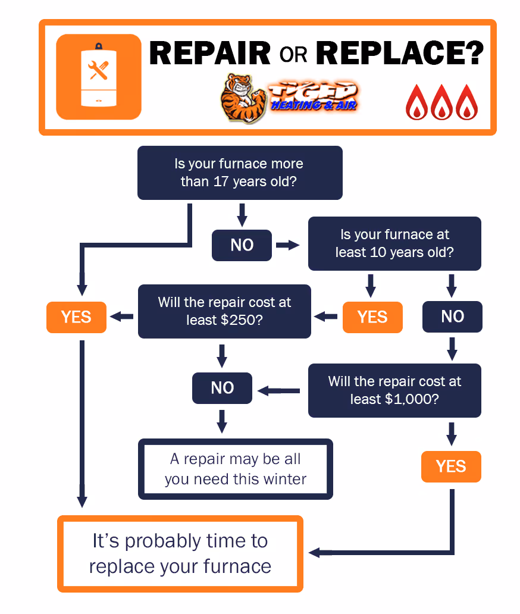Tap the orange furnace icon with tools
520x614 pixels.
(x=99, y=77)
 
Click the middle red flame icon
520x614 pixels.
(x=442, y=102)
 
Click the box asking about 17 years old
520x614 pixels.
(x=240, y=173)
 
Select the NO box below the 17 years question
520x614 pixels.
(x=242, y=245)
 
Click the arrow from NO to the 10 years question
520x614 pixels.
(x=288, y=245)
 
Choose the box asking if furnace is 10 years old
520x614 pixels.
(x=394, y=243)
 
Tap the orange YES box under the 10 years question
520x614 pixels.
(x=372, y=317)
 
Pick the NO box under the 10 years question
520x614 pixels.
(x=452, y=317)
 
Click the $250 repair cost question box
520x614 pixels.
(x=224, y=311)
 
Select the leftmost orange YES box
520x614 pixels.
(x=76, y=317)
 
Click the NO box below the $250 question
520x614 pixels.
(x=222, y=388)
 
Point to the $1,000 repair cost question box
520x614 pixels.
(x=394, y=390)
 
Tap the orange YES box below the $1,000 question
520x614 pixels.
(x=450, y=466)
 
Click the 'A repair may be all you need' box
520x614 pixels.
(x=235, y=469)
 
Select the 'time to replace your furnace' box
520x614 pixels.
(x=180, y=553)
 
